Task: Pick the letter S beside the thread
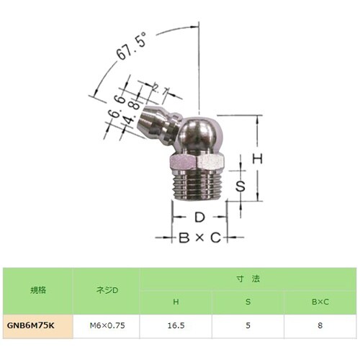tap(243, 186)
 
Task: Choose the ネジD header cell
tap(107, 290)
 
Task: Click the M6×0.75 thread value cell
tap(107, 325)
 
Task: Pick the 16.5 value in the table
tap(174, 325)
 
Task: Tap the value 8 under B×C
tap(319, 325)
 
